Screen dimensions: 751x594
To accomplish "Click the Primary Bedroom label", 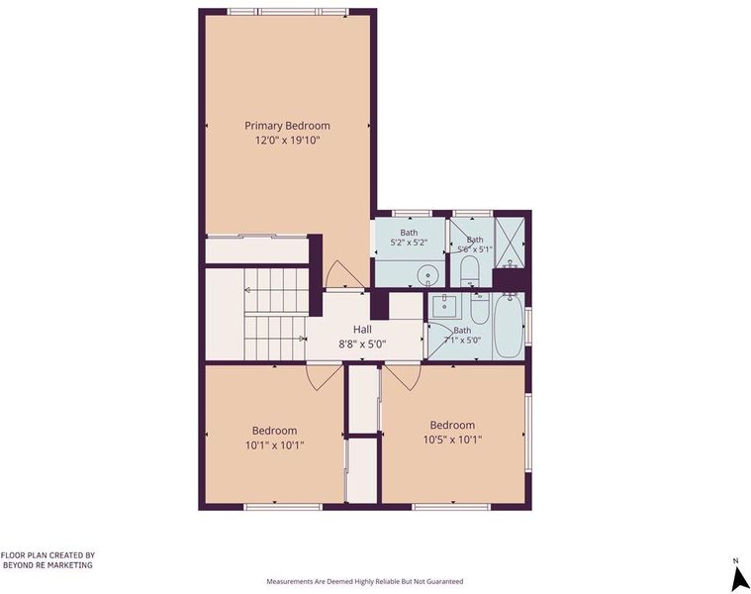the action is (287, 126).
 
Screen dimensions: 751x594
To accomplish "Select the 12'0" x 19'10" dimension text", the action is (287, 141).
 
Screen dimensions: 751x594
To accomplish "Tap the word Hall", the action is (362, 329).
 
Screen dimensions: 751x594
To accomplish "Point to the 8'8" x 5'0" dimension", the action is (362, 344).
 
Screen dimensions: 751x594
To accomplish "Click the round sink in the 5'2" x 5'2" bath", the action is (425, 275).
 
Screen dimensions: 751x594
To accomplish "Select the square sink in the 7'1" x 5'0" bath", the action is (445, 302).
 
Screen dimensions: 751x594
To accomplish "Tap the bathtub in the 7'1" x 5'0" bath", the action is (508, 326).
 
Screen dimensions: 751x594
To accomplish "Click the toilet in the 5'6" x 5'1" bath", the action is (469, 271).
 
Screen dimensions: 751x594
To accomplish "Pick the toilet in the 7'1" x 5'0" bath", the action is (479, 308).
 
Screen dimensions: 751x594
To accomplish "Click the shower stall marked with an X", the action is (510, 243).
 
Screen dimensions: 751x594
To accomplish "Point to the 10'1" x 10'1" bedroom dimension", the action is (275, 445).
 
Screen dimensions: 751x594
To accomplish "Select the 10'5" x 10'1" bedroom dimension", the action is (452, 440).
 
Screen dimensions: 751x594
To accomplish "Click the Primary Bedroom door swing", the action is (343, 274).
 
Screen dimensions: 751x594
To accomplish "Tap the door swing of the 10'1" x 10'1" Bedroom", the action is (325, 377).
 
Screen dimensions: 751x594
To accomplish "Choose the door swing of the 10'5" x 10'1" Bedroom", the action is (403, 377).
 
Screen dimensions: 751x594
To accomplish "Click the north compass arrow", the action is (740, 579).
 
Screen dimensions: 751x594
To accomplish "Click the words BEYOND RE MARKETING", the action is (47, 565).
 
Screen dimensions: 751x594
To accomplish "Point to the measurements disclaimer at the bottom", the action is (365, 581).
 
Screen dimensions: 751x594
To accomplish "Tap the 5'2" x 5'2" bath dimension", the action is (409, 243).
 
